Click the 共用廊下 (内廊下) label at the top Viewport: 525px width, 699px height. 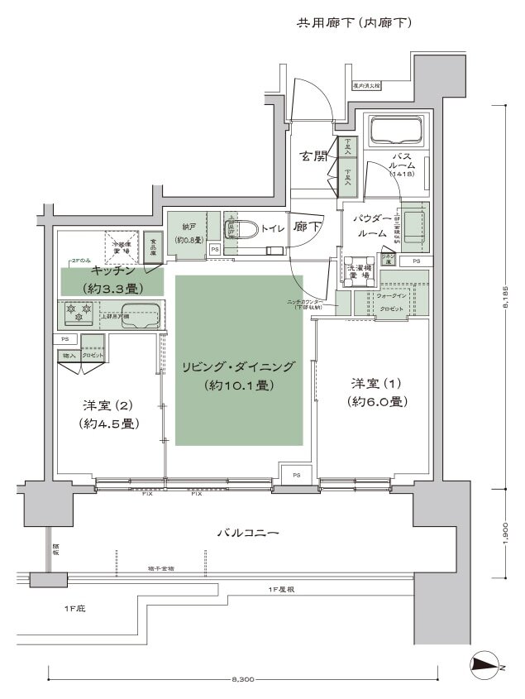(x=354, y=22)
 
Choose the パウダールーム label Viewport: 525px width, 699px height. (x=371, y=226)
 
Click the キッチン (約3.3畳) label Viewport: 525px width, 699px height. (x=112, y=280)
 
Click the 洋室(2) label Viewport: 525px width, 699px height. (x=109, y=414)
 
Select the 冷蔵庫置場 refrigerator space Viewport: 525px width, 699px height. (x=122, y=246)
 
